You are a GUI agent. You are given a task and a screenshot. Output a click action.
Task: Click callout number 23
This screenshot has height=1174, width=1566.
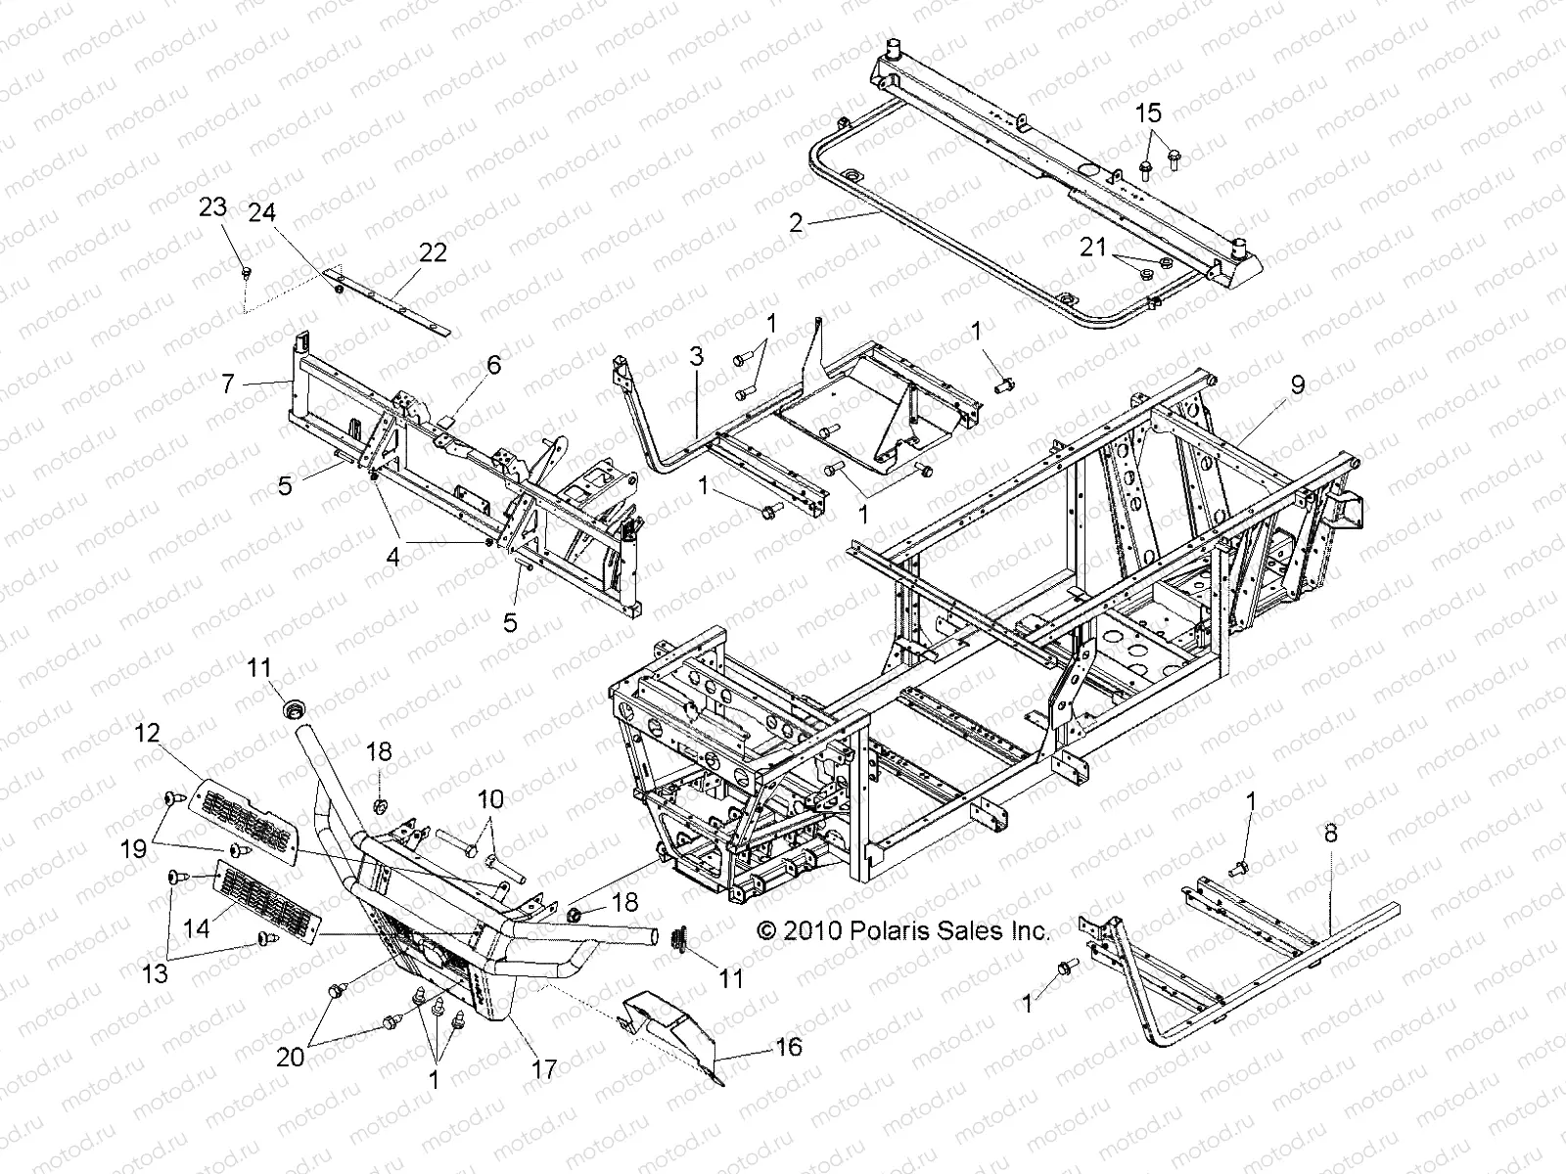[x=212, y=207]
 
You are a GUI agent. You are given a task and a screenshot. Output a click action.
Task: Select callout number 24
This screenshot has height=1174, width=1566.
[x=262, y=212]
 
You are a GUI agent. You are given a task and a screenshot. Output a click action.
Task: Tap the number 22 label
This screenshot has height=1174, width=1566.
[x=433, y=252]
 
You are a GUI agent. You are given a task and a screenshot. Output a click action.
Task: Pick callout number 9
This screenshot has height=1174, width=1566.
[x=1298, y=384]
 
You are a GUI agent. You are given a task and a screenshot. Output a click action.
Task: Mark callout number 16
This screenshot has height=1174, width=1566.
[x=788, y=1047]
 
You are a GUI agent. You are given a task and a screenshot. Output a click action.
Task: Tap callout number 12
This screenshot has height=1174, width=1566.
[x=148, y=733]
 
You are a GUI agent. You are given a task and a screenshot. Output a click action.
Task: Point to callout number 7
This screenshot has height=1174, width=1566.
[x=228, y=384]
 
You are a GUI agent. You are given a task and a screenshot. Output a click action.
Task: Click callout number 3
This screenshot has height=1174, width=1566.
[x=696, y=356]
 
